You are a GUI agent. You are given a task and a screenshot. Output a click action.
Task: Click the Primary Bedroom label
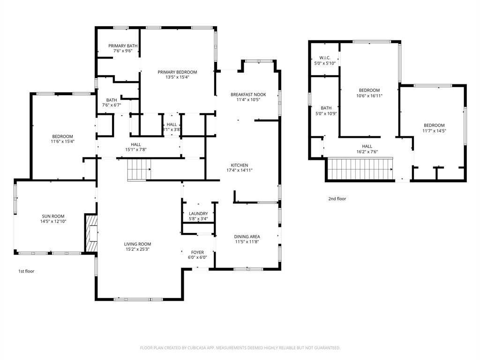click(177, 72)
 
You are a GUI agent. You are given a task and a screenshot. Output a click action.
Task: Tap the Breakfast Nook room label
click(248, 95)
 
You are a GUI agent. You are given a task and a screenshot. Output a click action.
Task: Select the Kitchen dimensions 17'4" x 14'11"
click(239, 171)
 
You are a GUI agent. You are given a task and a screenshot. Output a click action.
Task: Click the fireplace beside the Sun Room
click(91, 233)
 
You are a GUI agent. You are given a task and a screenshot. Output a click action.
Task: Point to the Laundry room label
click(198, 214)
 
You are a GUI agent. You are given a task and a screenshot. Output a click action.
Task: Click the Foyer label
click(197, 253)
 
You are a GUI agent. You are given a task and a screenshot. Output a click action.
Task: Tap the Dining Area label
click(247, 237)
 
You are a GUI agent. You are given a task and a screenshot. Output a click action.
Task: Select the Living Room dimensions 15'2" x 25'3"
click(137, 249)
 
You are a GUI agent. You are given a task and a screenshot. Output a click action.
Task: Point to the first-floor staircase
click(139, 169)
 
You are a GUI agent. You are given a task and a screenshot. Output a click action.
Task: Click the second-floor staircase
click(360, 169)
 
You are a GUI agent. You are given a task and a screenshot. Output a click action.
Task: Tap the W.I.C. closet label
click(325, 58)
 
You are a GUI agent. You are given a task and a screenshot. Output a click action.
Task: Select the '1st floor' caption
click(26, 271)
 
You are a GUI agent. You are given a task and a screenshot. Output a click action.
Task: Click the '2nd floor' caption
click(337, 199)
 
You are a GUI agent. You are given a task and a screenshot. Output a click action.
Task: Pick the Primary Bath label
click(123, 46)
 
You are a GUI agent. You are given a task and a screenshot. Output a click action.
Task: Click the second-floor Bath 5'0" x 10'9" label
click(326, 111)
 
